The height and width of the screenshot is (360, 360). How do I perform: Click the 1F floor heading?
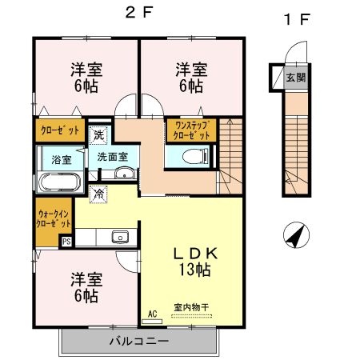pos(296,17)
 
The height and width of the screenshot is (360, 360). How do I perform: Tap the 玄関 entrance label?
pos(295,78)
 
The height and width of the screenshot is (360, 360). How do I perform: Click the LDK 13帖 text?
pos(192,262)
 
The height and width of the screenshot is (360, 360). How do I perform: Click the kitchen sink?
pos(120,237)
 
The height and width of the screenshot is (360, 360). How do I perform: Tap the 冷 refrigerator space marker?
pos(99,193)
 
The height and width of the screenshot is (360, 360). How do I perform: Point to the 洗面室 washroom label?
pos(113,156)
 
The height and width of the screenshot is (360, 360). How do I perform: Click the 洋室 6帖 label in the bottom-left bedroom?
pos(84,287)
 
